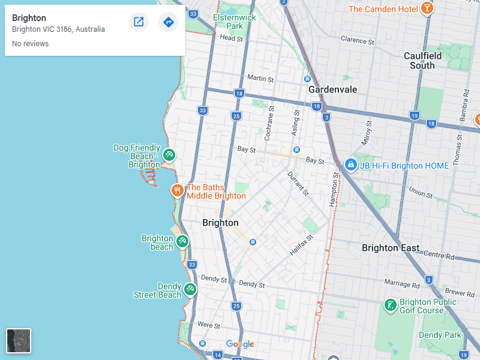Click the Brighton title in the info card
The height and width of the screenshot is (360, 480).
coord(29,18)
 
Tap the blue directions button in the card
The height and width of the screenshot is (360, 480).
coord(169,22)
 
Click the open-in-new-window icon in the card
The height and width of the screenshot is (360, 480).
coord(139,22)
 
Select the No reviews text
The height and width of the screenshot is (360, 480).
coord(30,44)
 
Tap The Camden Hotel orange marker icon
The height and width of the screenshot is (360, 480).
coord(427,8)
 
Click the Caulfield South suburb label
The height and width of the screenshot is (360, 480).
coord(422,61)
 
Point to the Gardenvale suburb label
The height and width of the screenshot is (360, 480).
coord(332,89)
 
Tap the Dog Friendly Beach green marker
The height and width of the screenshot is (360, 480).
coord(169,155)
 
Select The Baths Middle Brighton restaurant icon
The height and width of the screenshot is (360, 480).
coord(177,191)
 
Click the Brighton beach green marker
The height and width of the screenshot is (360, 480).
coord(182,241)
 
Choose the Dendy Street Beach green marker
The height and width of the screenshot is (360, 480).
coord(190,289)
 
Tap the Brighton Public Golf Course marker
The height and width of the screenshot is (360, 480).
coord(390,305)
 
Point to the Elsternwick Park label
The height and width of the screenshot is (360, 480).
coord(234,22)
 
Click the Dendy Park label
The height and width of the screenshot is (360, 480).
coord(440,335)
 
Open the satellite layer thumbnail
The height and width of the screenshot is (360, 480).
coord(19,341)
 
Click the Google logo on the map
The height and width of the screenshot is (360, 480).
coord(240,344)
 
